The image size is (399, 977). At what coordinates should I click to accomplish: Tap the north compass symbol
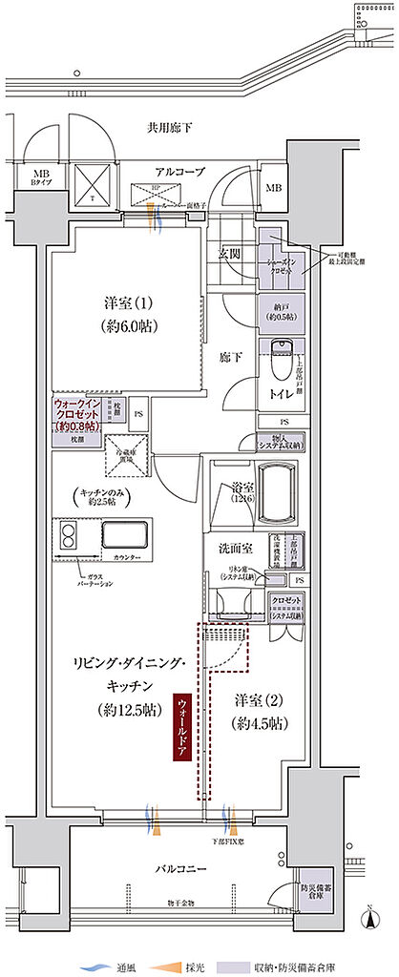[x=369, y=919]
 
